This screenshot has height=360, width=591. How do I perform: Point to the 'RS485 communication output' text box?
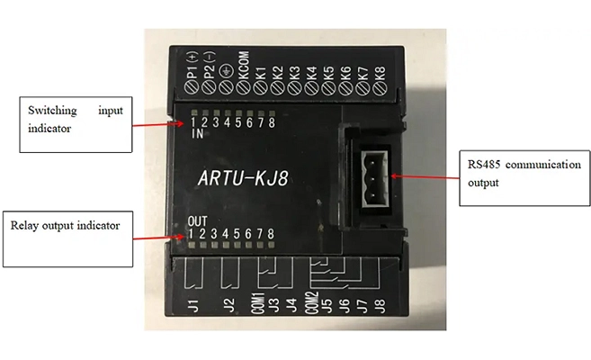tap(511, 173)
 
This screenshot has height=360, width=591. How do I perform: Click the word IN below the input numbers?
tap(197, 135)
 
